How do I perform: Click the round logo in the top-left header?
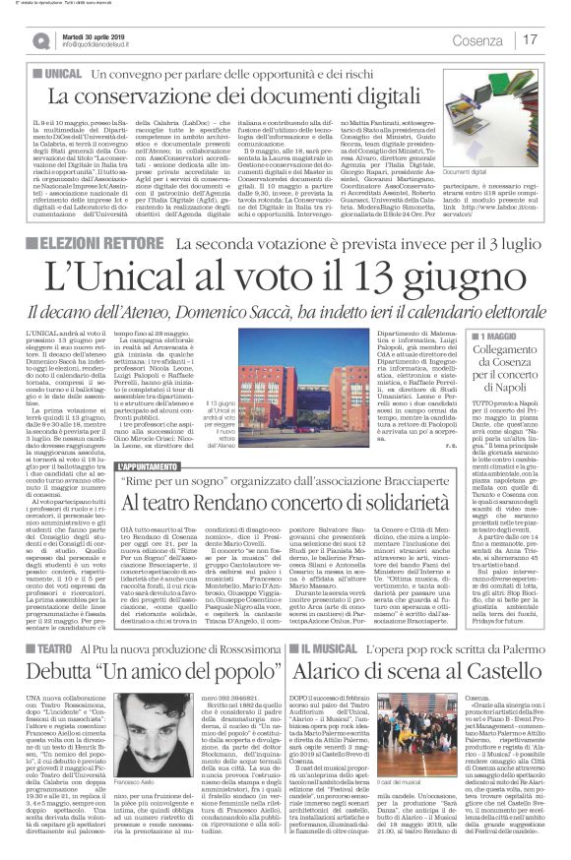[40, 40]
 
